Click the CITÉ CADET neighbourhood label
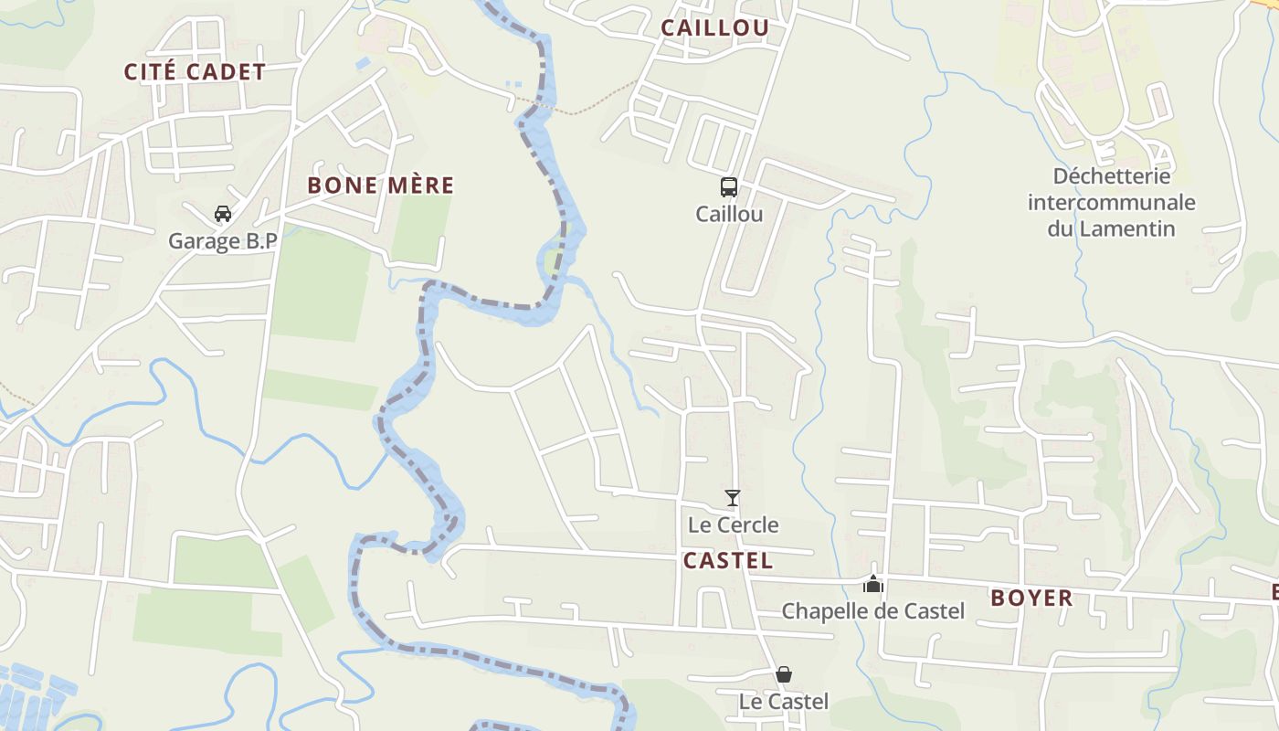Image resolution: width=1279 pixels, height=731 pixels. tap(195, 72)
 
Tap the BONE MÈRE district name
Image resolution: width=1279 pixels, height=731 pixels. tap(380, 185)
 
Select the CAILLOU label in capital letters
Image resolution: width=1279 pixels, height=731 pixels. tap(714, 27)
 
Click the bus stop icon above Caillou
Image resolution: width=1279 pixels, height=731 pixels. tap(728, 187)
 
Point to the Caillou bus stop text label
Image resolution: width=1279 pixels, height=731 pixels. tap(728, 214)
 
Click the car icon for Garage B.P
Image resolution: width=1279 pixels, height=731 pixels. tap(222, 215)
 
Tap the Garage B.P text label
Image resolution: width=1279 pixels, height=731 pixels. tap(222, 241)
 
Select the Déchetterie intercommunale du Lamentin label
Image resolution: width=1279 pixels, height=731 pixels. tap(1111, 202)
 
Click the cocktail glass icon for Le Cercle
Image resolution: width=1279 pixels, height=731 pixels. tap(732, 498)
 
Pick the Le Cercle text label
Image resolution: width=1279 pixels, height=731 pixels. tap(733, 524)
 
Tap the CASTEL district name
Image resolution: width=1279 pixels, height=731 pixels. tap(727, 560)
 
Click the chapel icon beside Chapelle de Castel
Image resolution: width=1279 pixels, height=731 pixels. tap(873, 583)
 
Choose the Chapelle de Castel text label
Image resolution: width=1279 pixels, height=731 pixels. tap(872, 610)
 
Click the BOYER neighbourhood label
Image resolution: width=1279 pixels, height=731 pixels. tap(1031, 599)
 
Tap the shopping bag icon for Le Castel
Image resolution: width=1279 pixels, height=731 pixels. tap(783, 674)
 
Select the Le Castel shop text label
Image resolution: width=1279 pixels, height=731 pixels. tap(783, 702)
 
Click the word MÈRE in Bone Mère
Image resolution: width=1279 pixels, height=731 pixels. tap(418, 185)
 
